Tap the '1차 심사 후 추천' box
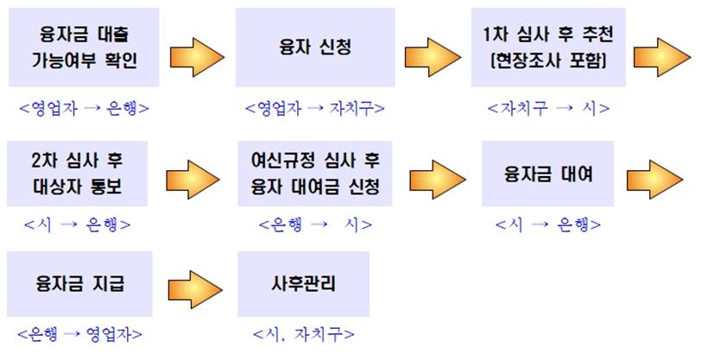(x=548, y=47)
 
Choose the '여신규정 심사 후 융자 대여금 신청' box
(x=315, y=173)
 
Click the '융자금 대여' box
(x=547, y=173)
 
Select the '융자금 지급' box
(x=79, y=283)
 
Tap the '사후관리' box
(x=303, y=283)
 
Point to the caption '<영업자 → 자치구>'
(x=314, y=109)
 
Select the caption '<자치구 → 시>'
(x=548, y=109)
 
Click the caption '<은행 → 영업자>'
(x=79, y=333)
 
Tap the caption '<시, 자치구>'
(x=303, y=333)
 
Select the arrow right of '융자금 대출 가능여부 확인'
(x=197, y=57)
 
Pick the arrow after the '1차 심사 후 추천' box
(x=669, y=57)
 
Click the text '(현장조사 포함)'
(x=548, y=61)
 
